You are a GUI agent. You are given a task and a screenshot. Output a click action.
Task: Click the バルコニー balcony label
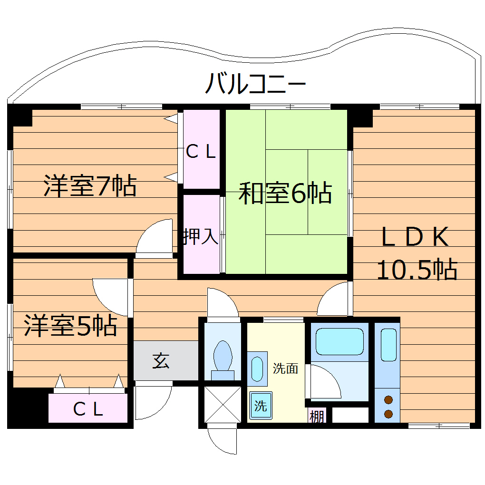click(255, 84)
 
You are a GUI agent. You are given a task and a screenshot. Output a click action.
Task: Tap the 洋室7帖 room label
click(90, 185)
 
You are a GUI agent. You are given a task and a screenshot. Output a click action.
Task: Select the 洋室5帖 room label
click(70, 326)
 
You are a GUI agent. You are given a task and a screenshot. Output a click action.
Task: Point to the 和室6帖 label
click(285, 193)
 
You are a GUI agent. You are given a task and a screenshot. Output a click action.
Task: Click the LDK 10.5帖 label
click(417, 254)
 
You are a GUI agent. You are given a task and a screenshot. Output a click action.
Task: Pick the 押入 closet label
click(201, 236)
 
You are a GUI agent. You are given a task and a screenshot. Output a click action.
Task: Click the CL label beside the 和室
click(201, 152)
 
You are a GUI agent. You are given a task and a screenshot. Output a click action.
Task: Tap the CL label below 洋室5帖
click(88, 409)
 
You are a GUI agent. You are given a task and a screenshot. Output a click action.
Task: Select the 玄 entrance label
click(161, 361)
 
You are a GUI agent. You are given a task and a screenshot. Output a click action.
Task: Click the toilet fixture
click(223, 359)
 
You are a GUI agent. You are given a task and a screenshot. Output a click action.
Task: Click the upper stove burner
click(388, 399)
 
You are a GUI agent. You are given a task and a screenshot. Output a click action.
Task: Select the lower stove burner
click(388, 414)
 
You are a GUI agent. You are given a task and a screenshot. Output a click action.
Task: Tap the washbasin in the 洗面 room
click(257, 369)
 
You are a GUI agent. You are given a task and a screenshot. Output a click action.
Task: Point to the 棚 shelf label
click(317, 417)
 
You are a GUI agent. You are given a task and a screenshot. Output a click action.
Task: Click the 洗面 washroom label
click(285, 369)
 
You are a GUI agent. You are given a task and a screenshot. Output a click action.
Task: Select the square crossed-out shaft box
click(223, 404)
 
